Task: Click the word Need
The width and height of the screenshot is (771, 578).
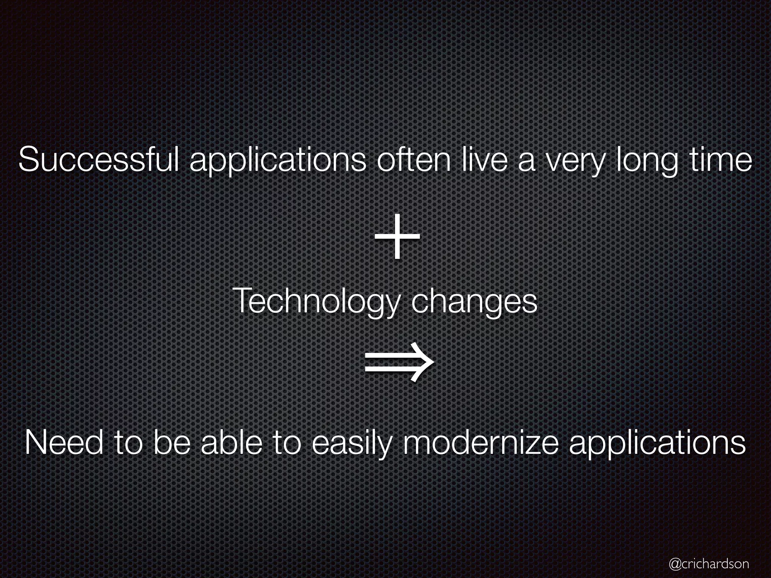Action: pos(64,443)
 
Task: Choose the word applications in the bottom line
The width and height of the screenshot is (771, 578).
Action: pos(657,445)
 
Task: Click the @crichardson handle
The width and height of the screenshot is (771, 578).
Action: pos(709,563)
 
